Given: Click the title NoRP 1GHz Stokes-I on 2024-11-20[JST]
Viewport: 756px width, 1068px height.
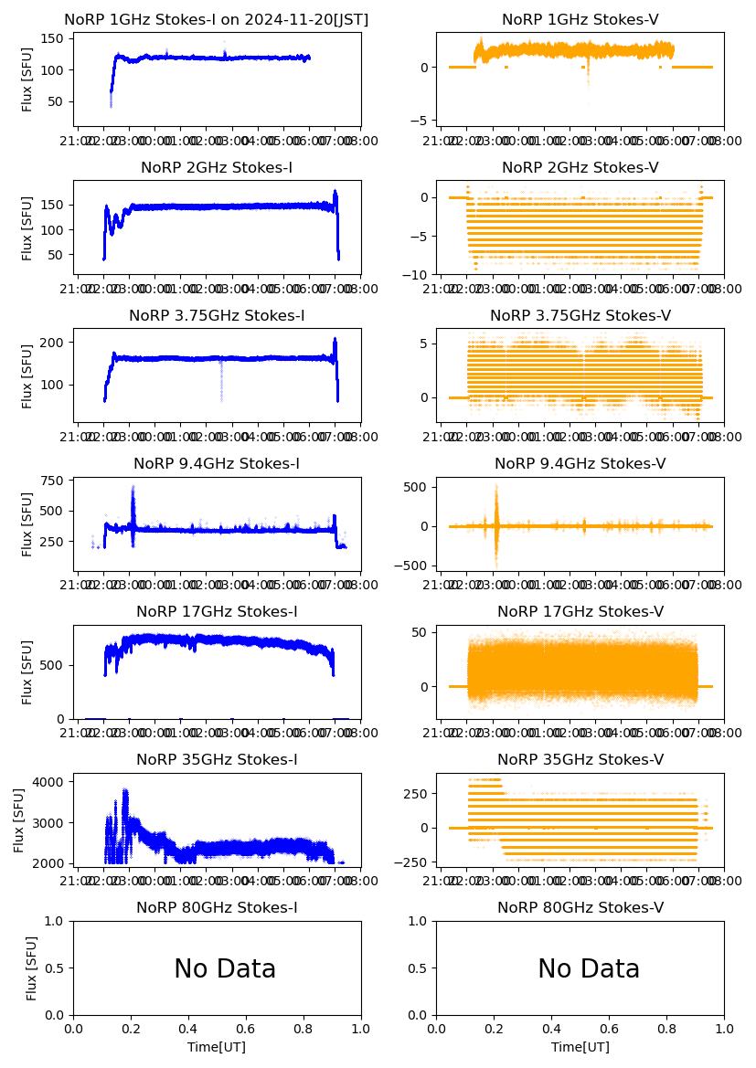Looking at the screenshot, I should [x=217, y=20].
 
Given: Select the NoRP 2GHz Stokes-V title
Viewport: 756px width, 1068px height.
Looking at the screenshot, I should [x=580, y=168].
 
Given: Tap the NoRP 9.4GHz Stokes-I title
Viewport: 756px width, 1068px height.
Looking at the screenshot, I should [x=217, y=464].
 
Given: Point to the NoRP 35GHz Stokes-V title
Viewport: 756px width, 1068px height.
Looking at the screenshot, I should [x=580, y=760].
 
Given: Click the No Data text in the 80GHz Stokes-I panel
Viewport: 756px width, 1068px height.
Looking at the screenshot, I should [x=225, y=969].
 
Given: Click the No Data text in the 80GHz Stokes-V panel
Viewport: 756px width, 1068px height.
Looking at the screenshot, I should [x=589, y=969].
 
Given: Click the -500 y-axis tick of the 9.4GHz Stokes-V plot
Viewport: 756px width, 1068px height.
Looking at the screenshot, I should [x=413, y=566].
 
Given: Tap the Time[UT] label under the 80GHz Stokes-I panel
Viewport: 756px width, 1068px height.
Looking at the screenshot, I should [x=217, y=1047].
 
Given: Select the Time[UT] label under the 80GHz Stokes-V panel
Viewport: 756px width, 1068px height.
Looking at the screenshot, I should [x=580, y=1047].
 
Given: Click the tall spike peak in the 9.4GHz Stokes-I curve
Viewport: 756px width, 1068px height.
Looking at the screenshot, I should [x=133, y=487].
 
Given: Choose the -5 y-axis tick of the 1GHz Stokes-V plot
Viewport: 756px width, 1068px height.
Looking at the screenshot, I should [x=421, y=121].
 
